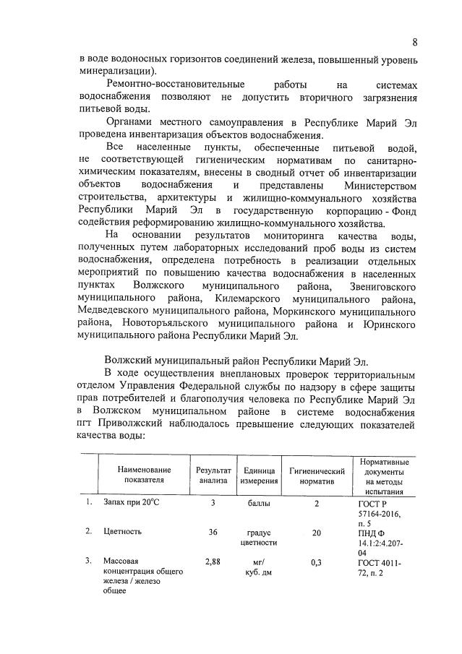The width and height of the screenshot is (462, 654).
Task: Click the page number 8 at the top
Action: click(x=415, y=41)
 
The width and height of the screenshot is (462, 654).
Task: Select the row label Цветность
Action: click(x=121, y=531)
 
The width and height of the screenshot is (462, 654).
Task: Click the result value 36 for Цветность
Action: click(x=213, y=531)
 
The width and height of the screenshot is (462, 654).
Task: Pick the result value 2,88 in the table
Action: click(x=213, y=560)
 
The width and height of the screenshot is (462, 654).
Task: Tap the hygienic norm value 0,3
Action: click(x=316, y=560)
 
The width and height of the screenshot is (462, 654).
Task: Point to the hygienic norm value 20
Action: click(x=316, y=531)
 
